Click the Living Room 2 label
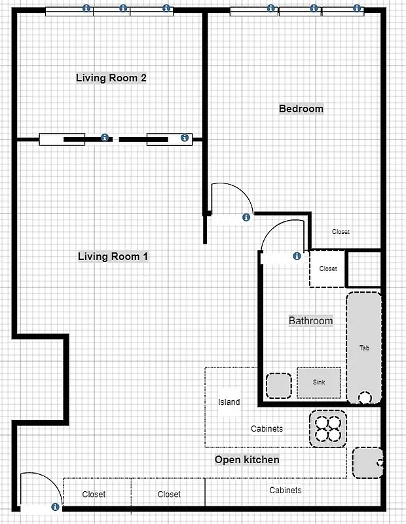tap(111, 78)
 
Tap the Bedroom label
tap(301, 109)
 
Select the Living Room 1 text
tap(113, 256)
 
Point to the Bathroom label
tap(310, 321)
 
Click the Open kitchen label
tap(247, 460)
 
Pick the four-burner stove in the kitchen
tap(327, 428)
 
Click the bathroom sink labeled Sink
tap(319, 382)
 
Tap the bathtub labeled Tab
tap(363, 347)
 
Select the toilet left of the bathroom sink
tap(278, 385)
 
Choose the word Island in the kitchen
tap(229, 402)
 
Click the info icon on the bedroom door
tap(246, 217)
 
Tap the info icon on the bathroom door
tap(297, 256)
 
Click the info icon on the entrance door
tap(56, 506)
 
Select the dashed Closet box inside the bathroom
tap(327, 269)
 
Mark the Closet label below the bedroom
tap(341, 232)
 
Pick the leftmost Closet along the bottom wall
tap(94, 495)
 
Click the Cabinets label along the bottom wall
tap(286, 490)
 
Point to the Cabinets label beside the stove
tap(267, 429)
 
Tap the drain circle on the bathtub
tap(364, 397)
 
